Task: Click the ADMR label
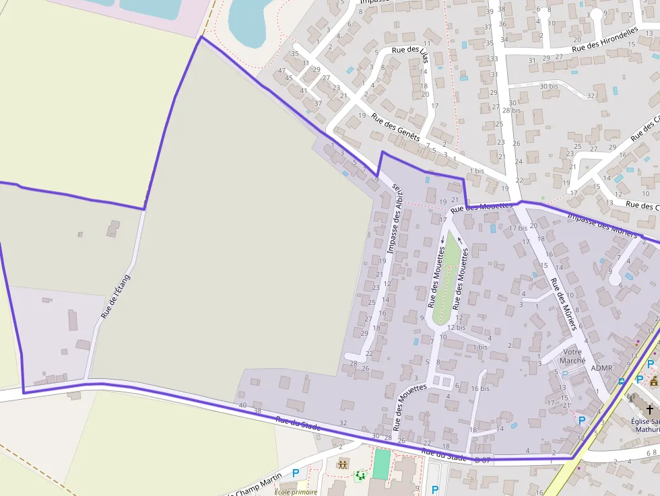601,369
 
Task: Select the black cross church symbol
649,409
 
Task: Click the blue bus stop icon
621,382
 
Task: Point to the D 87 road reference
482,460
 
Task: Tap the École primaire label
296,491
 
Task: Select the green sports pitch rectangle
381,465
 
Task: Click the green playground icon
360,476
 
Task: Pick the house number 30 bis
549,86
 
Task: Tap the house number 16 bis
480,388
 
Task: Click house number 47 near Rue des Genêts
282,71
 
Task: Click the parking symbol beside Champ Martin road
295,474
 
